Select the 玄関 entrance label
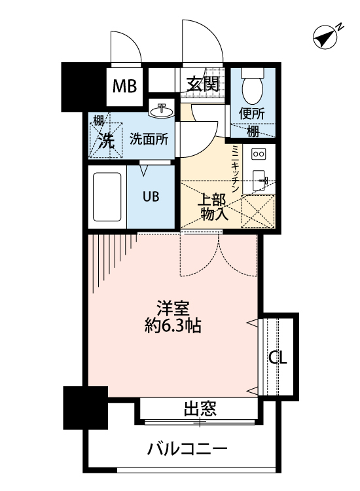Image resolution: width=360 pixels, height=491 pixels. pos(202,84)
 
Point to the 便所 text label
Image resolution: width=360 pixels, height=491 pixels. pos(252,113)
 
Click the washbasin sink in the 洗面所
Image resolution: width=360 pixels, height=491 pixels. pos(161,111)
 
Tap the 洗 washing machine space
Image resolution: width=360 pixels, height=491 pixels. pos(105,138)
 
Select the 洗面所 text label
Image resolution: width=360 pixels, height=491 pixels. pos(149,138)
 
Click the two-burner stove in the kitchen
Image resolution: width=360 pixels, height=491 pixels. pos(259,155)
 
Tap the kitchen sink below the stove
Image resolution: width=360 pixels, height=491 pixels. pos(258,179)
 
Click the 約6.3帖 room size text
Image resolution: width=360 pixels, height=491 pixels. pos(173,325)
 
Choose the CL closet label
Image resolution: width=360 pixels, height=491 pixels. pos(278,358)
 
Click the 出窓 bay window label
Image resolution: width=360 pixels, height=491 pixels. pos(200,410)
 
